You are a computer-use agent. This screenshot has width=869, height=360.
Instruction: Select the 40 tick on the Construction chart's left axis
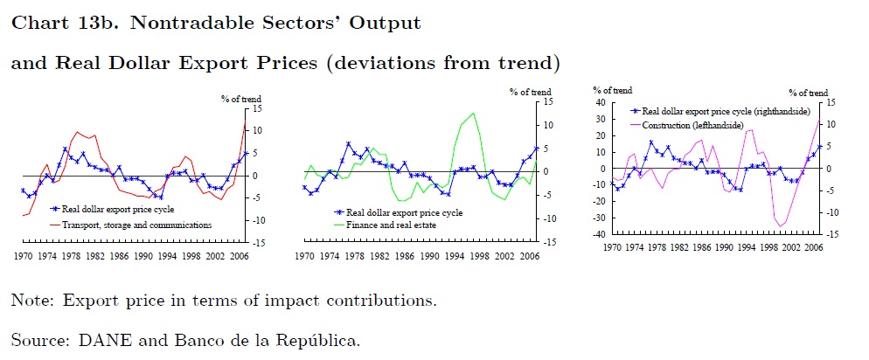[x=601, y=102]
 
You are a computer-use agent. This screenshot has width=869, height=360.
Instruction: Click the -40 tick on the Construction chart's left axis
[x=599, y=234]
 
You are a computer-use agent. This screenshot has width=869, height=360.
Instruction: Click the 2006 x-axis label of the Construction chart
[x=812, y=248]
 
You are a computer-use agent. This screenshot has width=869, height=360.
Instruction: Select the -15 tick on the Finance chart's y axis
[x=545, y=241]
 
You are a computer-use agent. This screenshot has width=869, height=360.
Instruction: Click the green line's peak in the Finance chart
[x=473, y=113]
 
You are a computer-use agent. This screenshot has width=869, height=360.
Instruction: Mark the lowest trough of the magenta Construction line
[x=779, y=226]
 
